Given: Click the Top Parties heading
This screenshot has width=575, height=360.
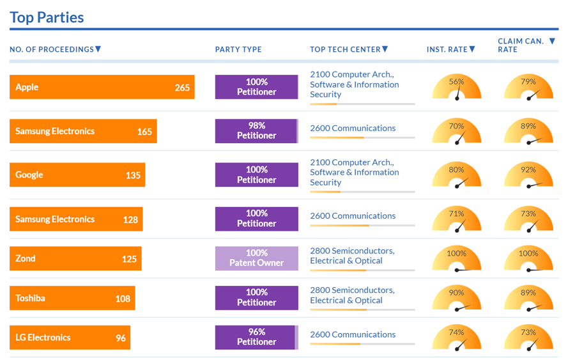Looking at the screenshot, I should click(x=47, y=17).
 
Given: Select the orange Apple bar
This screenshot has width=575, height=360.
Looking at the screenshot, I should click(x=102, y=87).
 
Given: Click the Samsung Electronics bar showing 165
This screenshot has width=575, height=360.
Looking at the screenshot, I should click(x=83, y=131).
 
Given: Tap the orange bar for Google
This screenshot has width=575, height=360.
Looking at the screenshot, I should click(x=77, y=175).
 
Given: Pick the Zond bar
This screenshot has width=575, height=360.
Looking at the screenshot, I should click(x=75, y=258).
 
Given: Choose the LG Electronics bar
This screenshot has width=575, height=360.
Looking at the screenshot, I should click(x=70, y=338).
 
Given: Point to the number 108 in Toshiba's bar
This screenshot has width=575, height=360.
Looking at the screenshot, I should click(x=123, y=298).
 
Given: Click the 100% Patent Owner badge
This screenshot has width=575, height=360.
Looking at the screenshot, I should click(x=256, y=258).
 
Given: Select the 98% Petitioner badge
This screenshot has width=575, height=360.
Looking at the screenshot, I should click(x=256, y=130).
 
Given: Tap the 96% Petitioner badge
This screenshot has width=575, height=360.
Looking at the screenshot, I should click(x=256, y=337).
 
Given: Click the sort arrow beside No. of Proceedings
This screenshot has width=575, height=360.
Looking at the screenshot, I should click(x=98, y=49).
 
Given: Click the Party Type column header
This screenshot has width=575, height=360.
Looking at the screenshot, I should click(x=238, y=49).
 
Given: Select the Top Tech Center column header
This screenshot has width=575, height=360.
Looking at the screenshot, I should click(x=345, y=49).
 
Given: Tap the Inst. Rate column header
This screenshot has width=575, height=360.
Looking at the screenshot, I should click(x=447, y=49).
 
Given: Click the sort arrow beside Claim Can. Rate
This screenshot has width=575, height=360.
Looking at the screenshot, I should click(x=552, y=42).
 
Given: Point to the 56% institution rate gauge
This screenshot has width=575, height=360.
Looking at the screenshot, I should click(x=456, y=87).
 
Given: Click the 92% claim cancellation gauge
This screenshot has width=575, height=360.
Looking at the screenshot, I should click(x=528, y=175).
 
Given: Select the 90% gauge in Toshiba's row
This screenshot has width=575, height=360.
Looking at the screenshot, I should click(x=456, y=298).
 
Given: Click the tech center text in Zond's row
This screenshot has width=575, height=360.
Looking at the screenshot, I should click(x=352, y=256).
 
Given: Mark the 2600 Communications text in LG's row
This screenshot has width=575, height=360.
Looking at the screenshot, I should click(x=353, y=334).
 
